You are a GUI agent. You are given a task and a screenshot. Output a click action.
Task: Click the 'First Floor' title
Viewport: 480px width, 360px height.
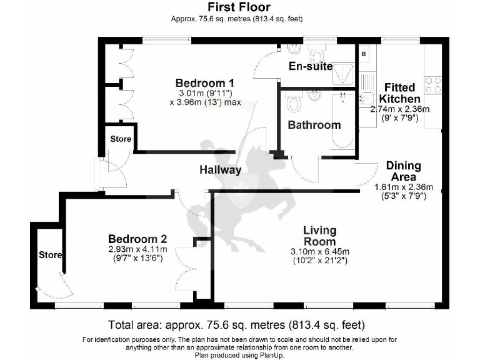coord(239,7)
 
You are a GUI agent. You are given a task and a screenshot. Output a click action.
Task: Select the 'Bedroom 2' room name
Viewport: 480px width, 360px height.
coord(137,239)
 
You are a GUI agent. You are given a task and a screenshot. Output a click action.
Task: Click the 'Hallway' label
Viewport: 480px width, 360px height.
coord(220,169)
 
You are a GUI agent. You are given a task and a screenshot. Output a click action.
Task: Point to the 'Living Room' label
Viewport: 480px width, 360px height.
coord(319,236)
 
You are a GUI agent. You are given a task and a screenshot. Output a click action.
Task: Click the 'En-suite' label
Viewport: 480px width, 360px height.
coord(310,66)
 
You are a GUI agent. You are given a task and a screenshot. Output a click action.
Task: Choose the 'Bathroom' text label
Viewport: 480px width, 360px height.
coord(314,124)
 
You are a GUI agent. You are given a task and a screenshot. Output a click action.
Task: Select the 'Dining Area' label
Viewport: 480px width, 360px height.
coord(403,171)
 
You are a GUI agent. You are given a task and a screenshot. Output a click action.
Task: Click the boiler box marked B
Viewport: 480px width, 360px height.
coord(364,54)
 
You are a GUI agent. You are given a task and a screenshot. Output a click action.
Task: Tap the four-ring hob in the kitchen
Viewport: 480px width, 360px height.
coord(433,84)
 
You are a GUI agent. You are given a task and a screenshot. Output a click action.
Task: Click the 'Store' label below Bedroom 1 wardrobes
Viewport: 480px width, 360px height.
coord(121,139)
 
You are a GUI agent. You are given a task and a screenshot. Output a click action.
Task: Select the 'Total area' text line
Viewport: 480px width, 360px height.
coord(236,325)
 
